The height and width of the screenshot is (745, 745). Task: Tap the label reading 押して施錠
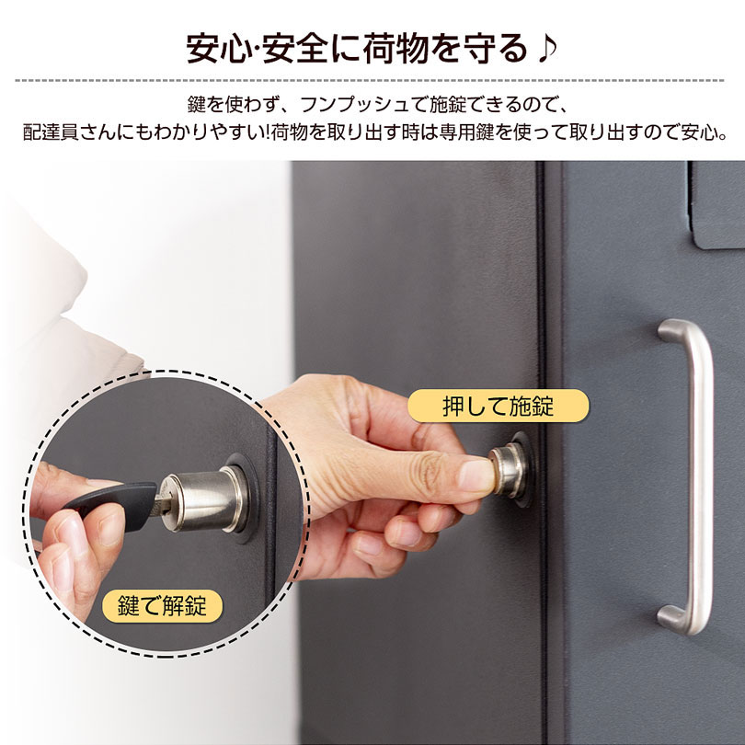498,405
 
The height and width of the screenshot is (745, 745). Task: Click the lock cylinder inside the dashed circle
203,498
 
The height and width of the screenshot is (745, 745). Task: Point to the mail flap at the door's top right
717,204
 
